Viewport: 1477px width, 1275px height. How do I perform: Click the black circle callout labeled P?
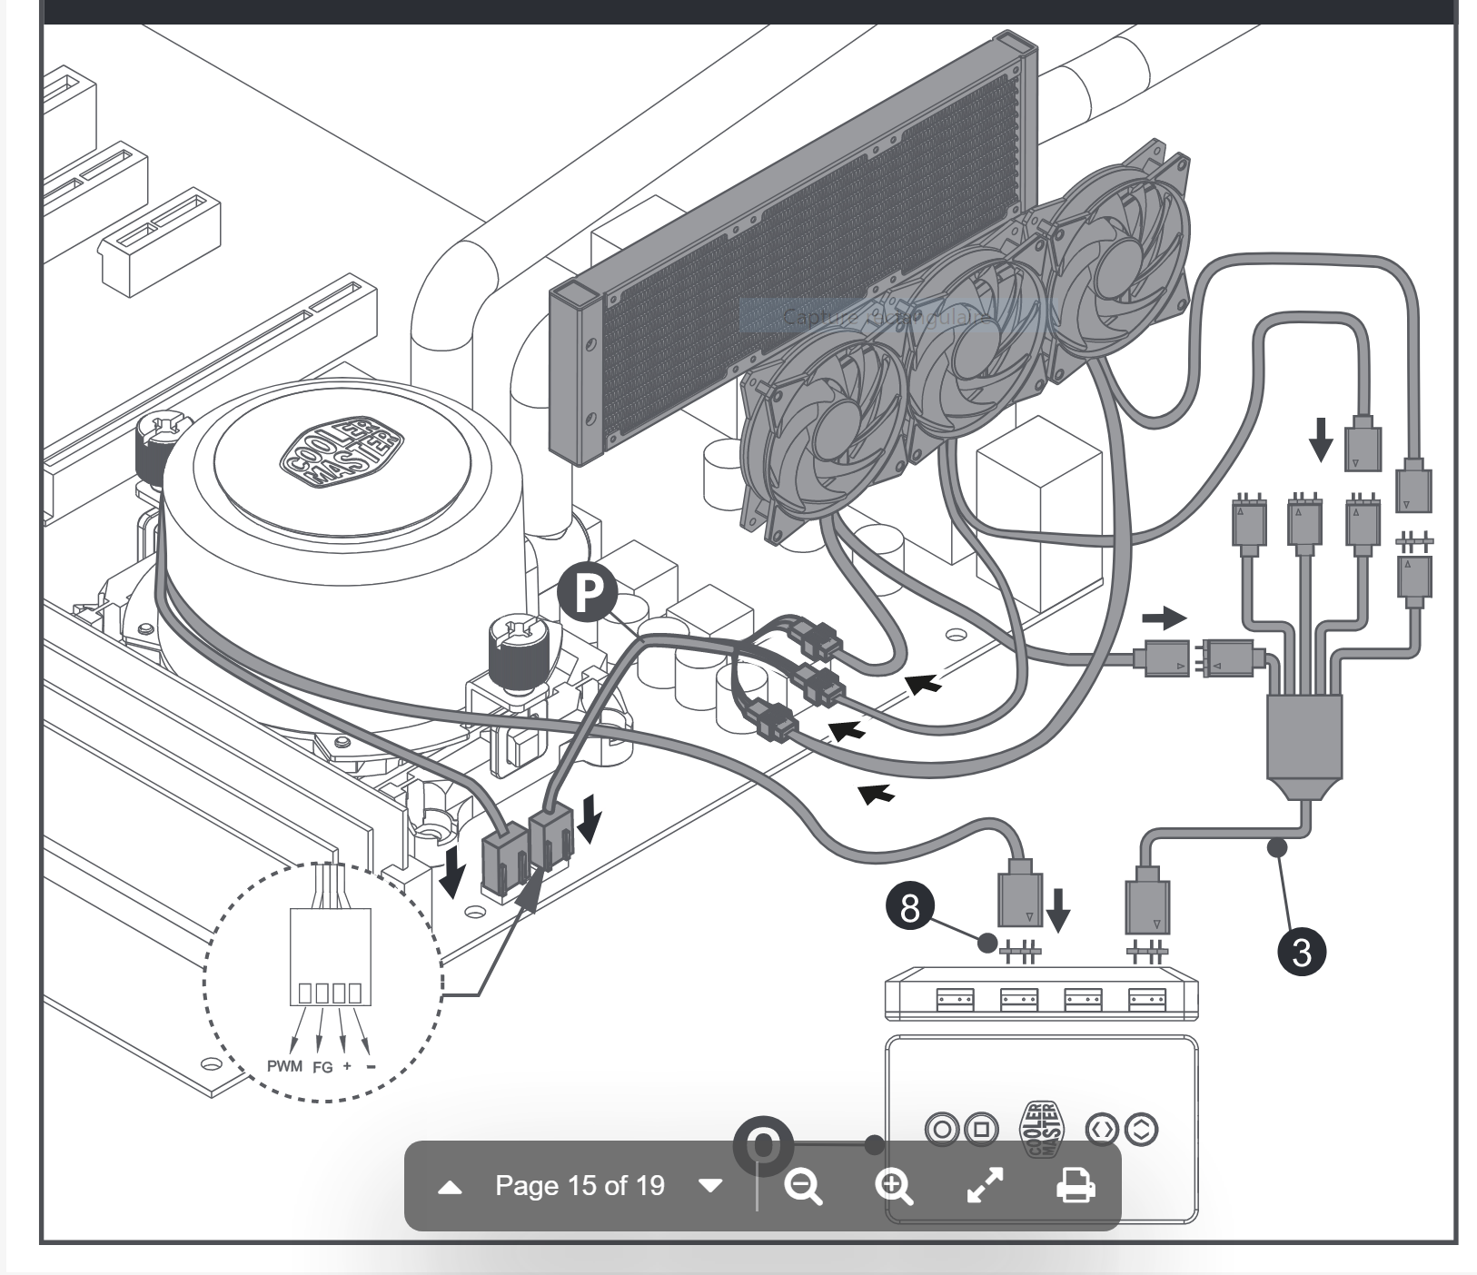pos(588,592)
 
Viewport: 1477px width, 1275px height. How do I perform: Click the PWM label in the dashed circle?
pos(284,1065)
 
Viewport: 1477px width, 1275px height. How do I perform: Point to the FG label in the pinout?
pos(322,1067)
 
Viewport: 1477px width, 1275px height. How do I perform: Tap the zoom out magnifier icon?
pos(803,1186)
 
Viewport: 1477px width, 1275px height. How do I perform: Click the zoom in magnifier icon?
pos(894,1186)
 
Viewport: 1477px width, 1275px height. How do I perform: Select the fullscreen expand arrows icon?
pos(985,1186)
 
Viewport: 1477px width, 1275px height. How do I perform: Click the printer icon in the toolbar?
pos(1076,1186)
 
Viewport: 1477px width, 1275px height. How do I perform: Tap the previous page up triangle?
pos(451,1187)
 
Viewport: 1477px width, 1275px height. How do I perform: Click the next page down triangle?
pos(711,1186)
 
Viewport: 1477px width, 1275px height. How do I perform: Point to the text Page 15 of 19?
pos(580,1186)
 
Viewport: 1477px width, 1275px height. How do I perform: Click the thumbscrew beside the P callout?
pos(516,647)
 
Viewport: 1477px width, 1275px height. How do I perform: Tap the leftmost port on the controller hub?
pos(955,1000)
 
